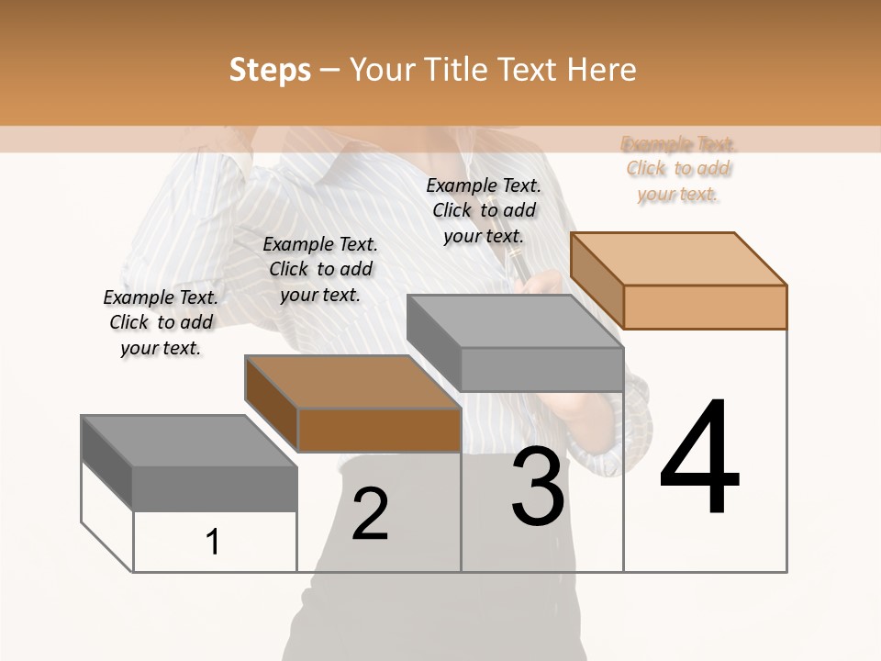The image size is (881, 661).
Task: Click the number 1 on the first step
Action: pos(213,542)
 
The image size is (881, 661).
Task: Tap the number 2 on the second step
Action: pos(370,514)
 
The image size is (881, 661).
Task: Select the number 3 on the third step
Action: pos(538,487)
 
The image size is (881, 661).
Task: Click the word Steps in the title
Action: pos(270,70)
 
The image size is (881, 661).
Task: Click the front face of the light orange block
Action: pos(705,307)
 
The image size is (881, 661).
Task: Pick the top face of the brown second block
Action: pos(352,381)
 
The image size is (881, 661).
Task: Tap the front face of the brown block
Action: pos(379,430)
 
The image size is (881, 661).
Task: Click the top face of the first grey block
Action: pos(189,441)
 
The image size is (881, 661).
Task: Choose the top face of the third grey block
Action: pos(514,321)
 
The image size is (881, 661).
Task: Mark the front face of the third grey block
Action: pos(541,369)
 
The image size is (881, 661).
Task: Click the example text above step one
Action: pos(161,322)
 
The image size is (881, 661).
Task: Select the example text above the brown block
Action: pos(320,269)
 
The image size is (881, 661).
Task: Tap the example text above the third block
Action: pos(484,210)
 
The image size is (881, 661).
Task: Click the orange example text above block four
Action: pos(678,169)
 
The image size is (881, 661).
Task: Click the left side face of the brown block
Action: pos(272,403)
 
